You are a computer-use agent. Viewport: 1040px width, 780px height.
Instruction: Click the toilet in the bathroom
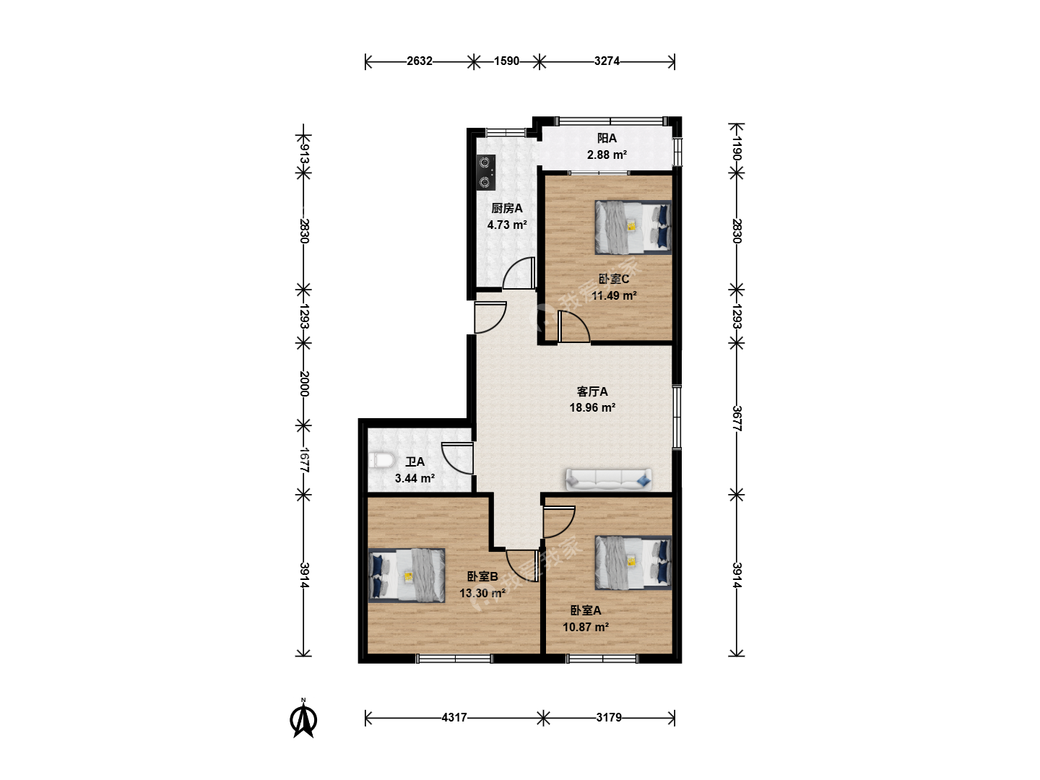tap(382, 460)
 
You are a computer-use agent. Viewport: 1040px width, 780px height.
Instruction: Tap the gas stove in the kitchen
tap(485, 172)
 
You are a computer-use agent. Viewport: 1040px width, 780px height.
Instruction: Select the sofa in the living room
tap(609, 480)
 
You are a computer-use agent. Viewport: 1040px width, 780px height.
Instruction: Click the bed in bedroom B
tap(407, 576)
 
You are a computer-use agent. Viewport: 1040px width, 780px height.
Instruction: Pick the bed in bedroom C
tap(633, 227)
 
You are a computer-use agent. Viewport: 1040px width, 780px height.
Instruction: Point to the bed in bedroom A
tap(633, 563)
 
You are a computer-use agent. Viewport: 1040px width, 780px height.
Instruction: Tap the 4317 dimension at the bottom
tap(454, 717)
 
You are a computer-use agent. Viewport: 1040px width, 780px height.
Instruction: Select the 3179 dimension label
tap(609, 717)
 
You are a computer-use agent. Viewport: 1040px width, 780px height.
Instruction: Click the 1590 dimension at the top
tap(506, 61)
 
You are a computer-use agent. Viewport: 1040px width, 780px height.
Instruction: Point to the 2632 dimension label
tap(420, 61)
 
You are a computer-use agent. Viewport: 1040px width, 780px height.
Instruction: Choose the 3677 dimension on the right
tap(736, 418)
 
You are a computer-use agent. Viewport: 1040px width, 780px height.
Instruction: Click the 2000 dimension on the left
tap(304, 383)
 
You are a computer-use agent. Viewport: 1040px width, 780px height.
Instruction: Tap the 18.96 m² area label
tap(592, 407)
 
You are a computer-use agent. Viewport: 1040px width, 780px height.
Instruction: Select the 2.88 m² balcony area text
tap(607, 155)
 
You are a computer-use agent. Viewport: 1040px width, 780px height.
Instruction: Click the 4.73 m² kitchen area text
tap(507, 225)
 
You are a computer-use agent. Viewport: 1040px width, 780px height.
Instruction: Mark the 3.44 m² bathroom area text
tap(415, 478)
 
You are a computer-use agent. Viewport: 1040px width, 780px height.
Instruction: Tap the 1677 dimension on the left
tap(304, 460)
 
